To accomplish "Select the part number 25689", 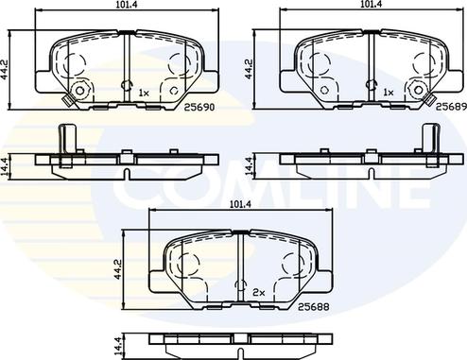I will click(446, 109).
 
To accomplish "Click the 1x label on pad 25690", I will click(144, 93).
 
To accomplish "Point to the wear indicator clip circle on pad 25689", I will click(418, 92).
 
